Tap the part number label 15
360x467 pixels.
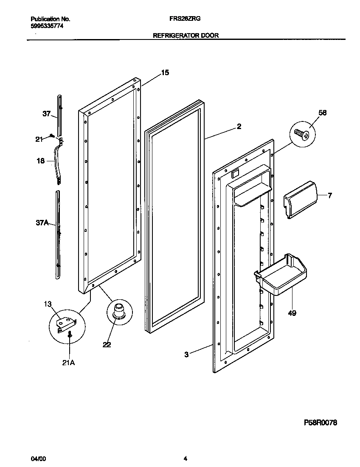(165, 73)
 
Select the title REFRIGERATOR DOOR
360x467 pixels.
(186, 36)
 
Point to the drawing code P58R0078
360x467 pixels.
(321, 423)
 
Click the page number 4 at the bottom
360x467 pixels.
(185, 459)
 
